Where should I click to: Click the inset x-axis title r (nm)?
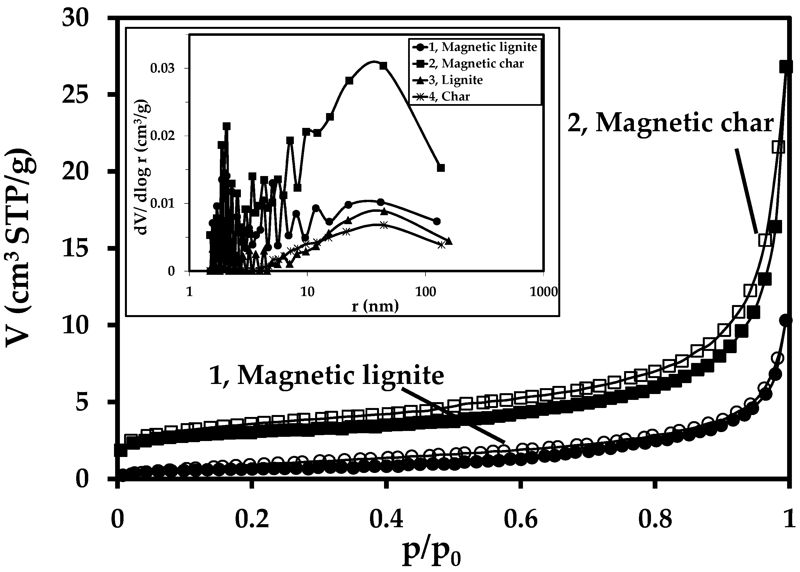(375, 306)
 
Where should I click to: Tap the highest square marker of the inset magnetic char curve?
(383, 66)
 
